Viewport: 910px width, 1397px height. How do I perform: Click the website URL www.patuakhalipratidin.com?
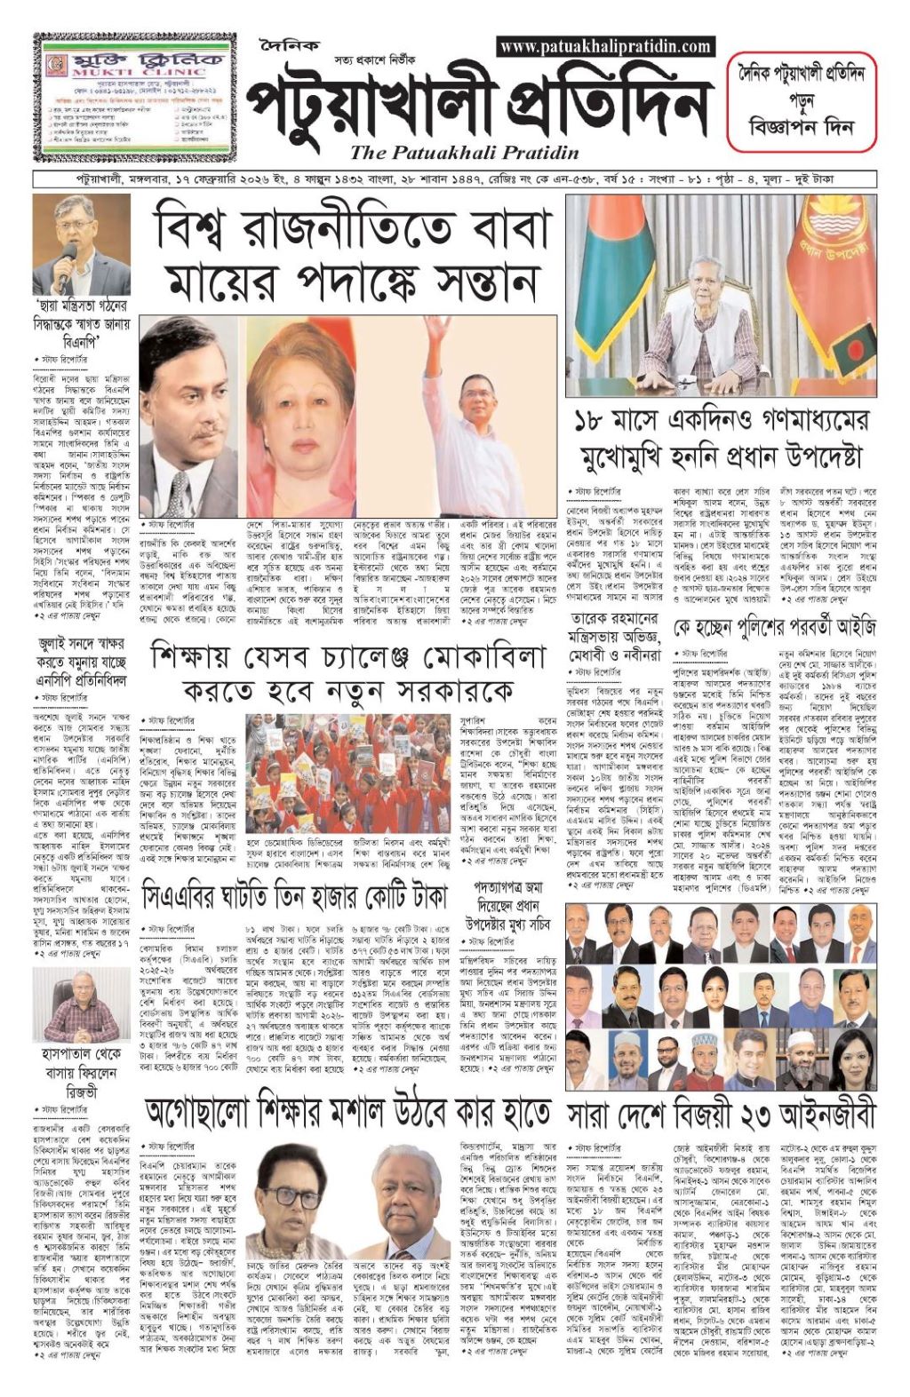click(605, 46)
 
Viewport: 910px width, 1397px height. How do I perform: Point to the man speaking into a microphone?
click(81, 244)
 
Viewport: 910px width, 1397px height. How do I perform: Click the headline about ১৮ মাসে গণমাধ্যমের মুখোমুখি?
click(720, 440)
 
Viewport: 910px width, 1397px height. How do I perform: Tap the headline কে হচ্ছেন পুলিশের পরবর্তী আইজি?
click(774, 628)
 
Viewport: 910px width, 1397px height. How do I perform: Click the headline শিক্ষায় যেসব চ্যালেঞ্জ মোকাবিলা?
click(348, 671)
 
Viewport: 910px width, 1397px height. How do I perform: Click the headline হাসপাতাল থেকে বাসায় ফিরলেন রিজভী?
click(81, 1072)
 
